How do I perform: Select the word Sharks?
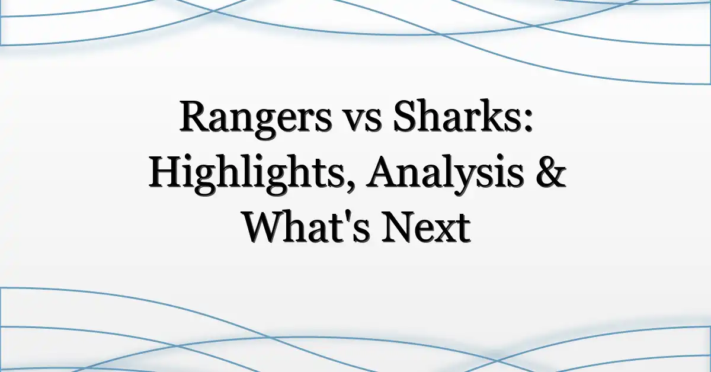click(x=456, y=116)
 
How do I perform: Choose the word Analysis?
click(x=445, y=174)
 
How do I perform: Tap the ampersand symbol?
click(x=551, y=172)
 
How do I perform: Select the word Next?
click(x=426, y=227)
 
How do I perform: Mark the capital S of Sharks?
click(x=403, y=116)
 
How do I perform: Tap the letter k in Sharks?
click(x=493, y=116)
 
